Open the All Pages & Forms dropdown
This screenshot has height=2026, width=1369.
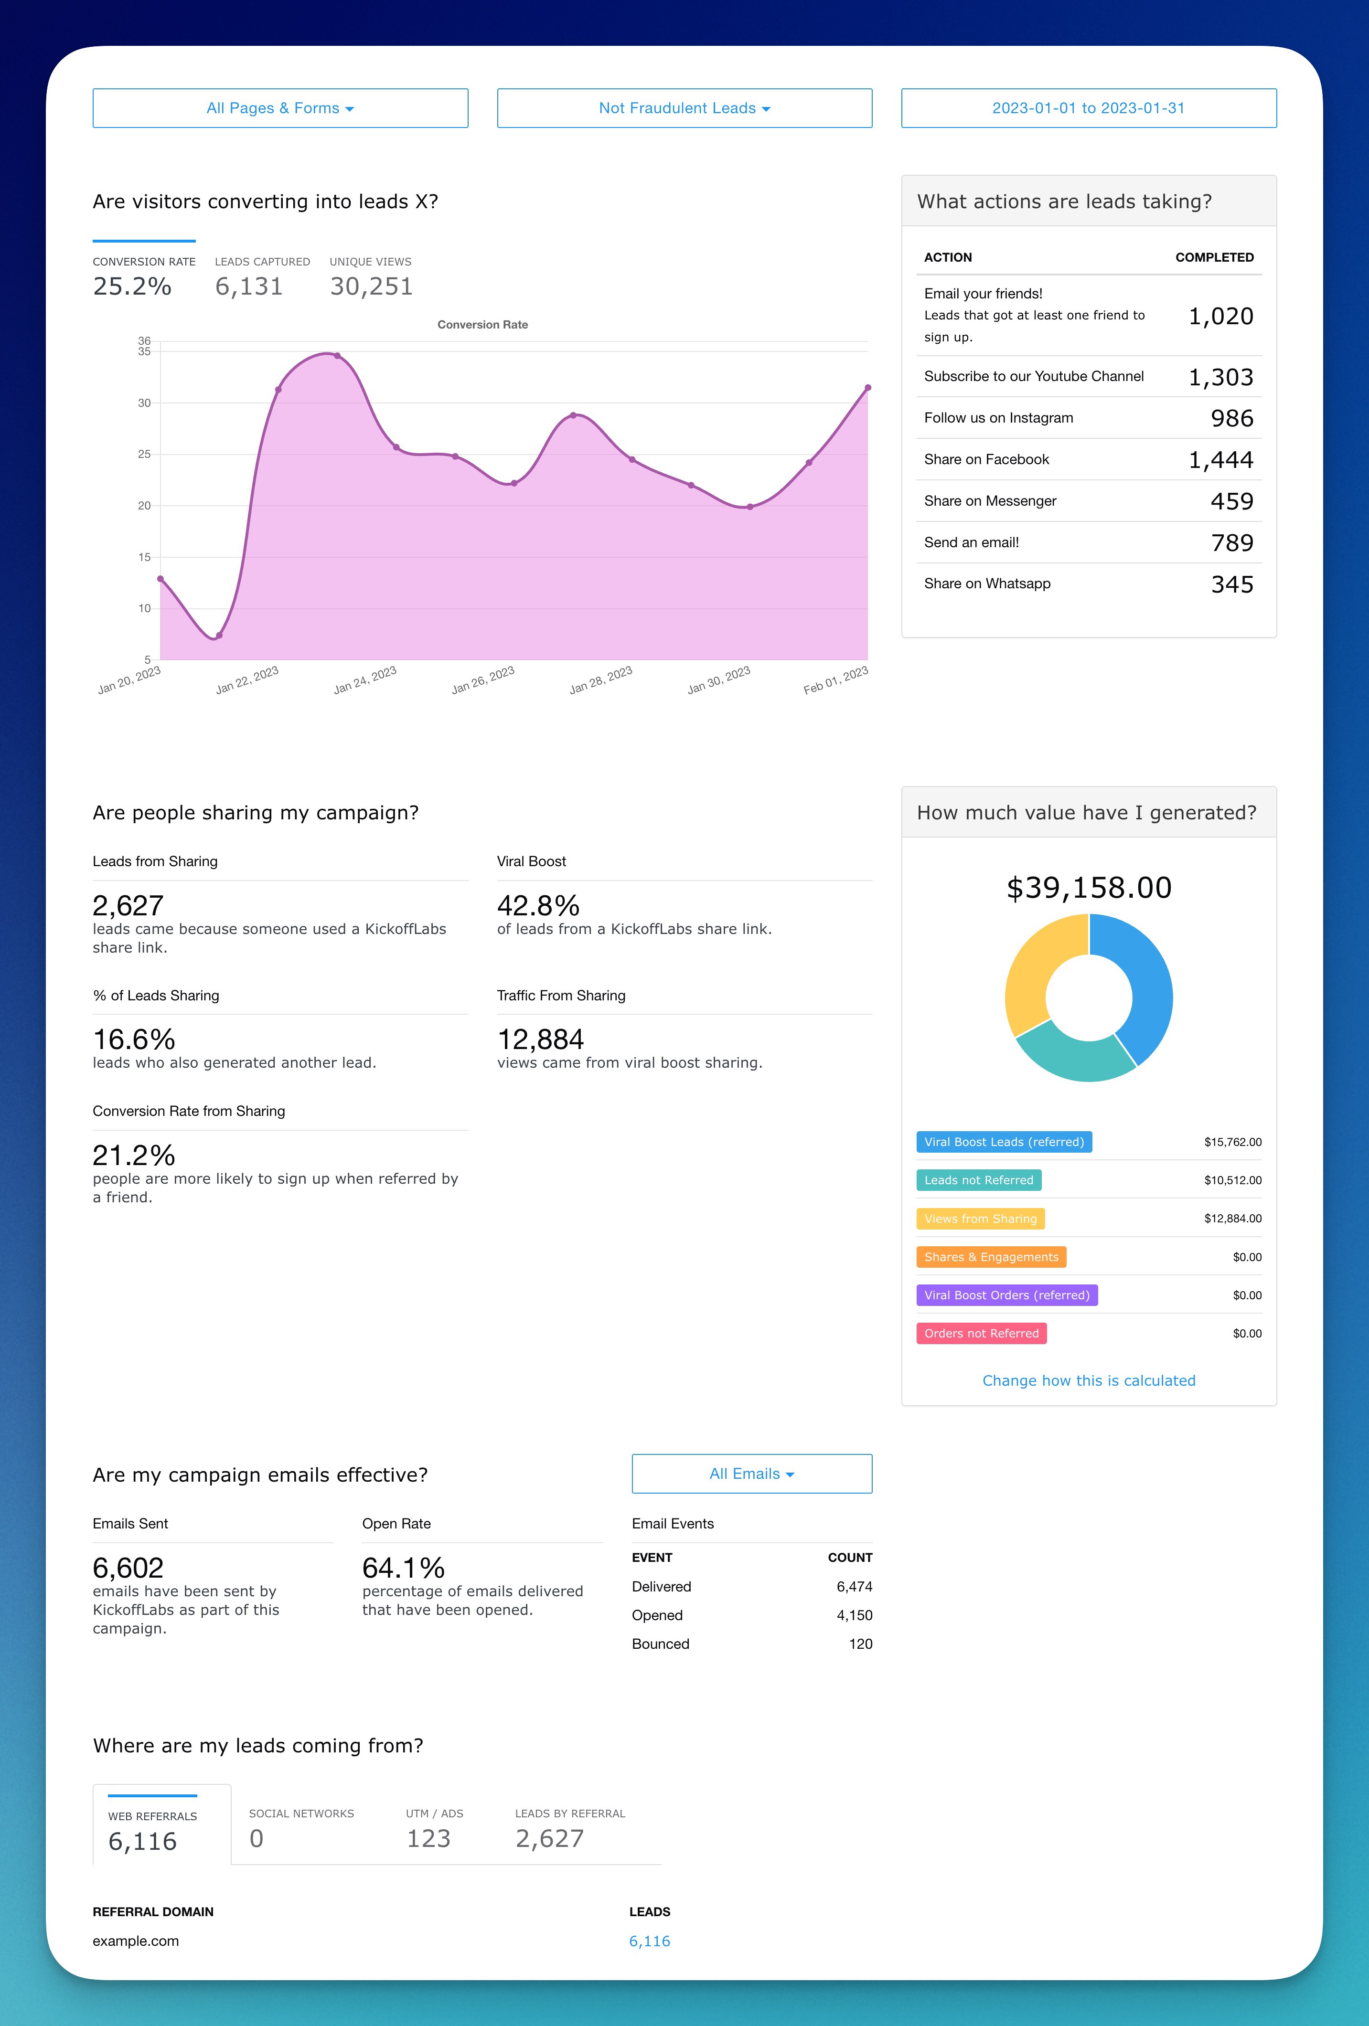tap(280, 108)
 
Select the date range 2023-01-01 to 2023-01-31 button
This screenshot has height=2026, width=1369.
tap(1088, 108)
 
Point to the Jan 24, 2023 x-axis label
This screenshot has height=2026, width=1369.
tap(365, 680)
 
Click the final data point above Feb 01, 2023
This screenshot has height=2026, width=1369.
tap(867, 388)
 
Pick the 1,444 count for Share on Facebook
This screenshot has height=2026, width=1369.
tap(1221, 459)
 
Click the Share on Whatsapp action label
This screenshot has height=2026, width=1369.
tap(987, 583)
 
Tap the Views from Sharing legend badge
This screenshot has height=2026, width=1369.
tap(980, 1219)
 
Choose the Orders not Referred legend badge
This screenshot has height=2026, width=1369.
tap(981, 1333)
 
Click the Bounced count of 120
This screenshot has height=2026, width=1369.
tap(860, 1644)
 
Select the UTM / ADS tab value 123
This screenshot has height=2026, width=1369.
tap(428, 1838)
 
